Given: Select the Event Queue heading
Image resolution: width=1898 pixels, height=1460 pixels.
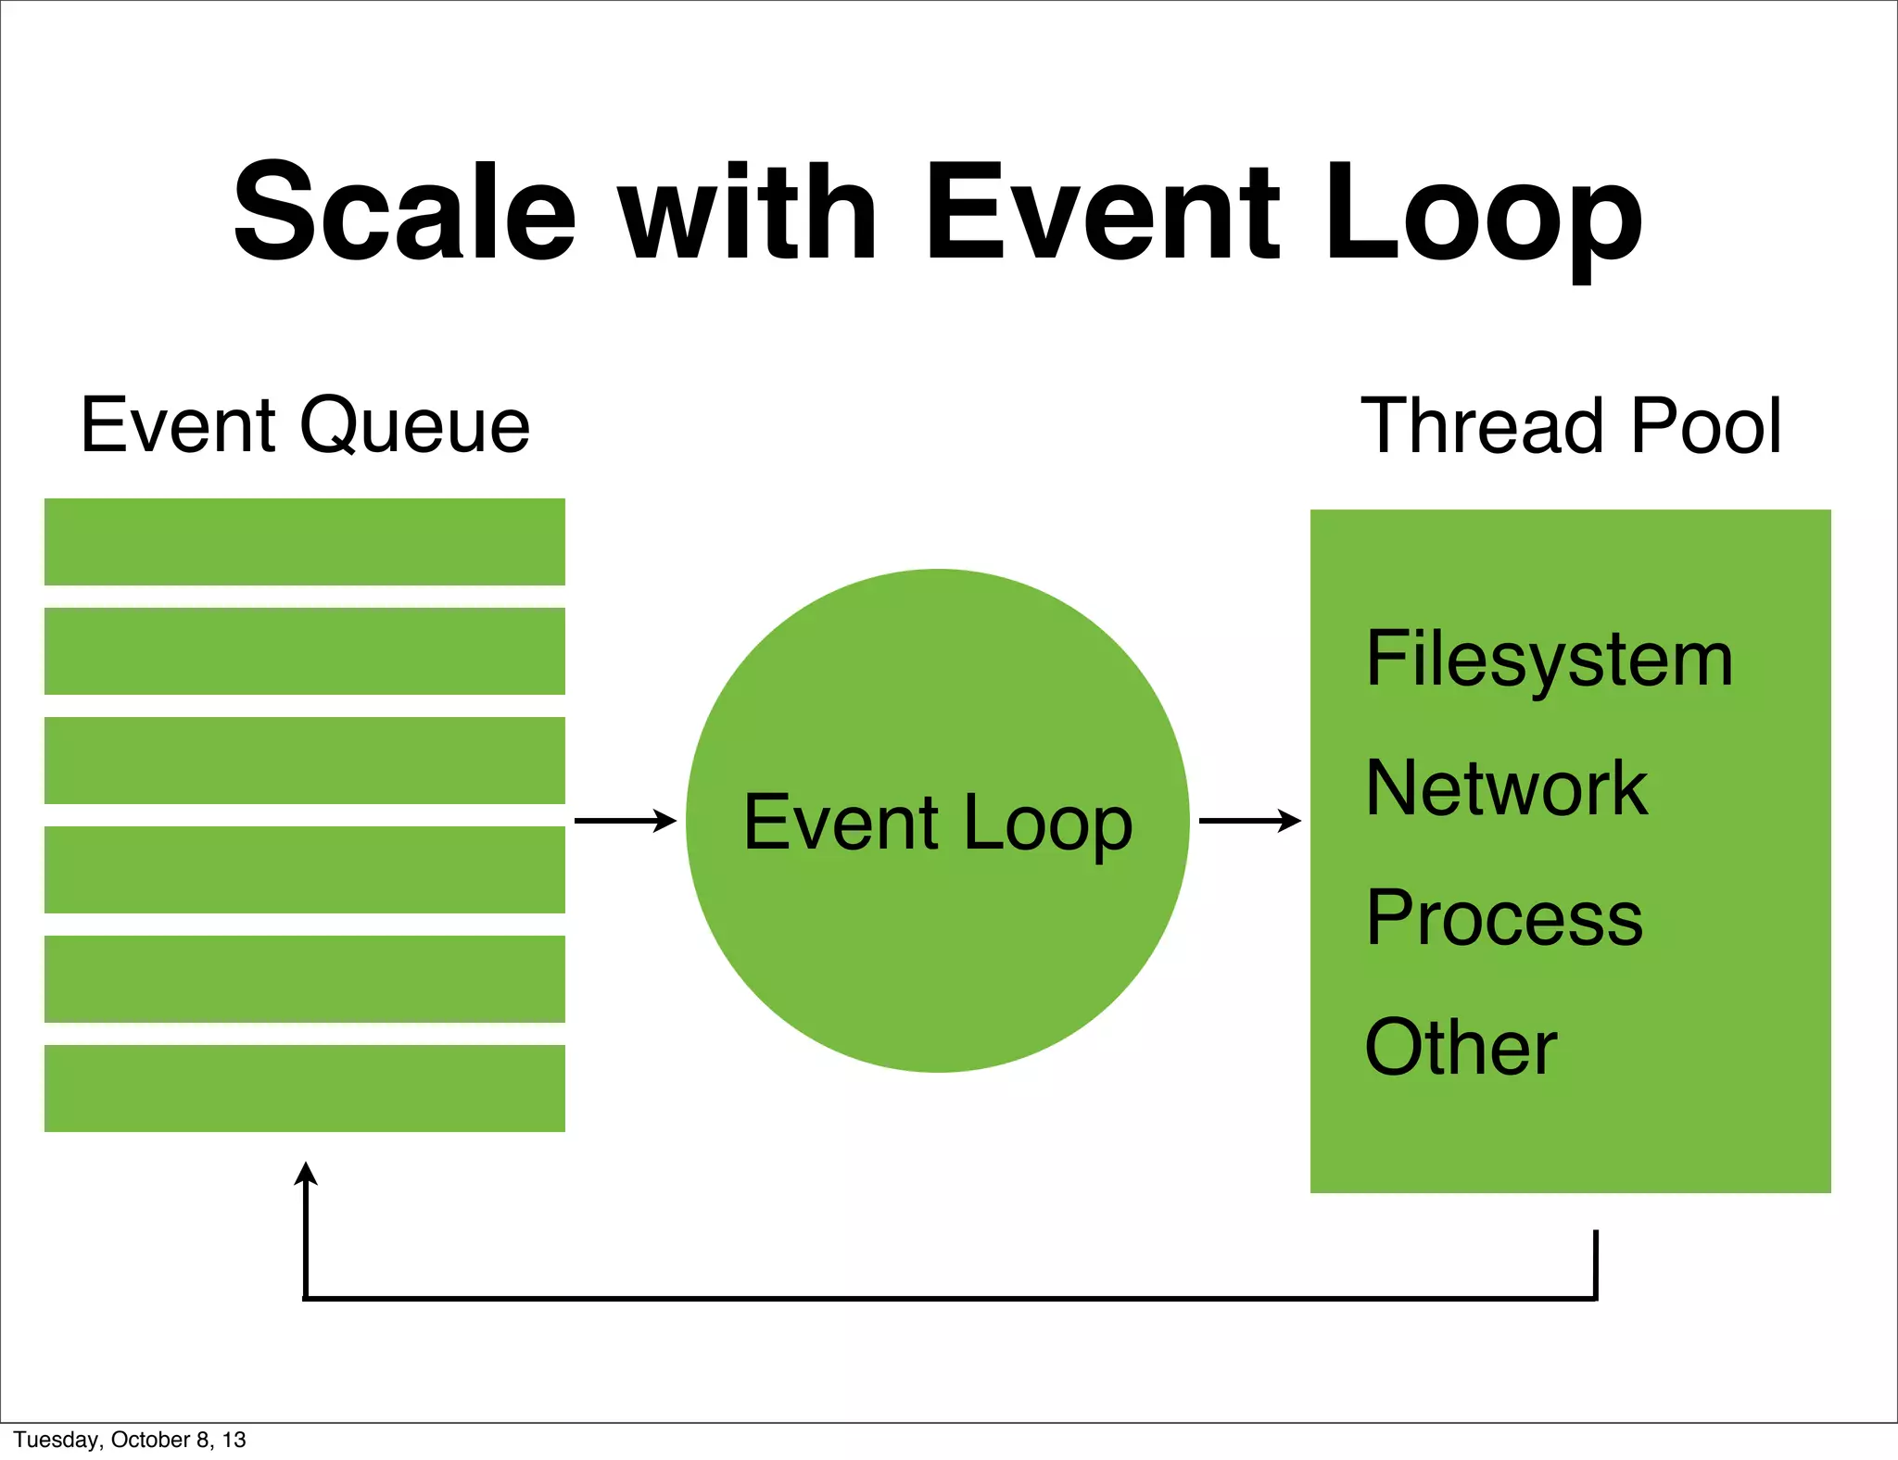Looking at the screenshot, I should coord(305,425).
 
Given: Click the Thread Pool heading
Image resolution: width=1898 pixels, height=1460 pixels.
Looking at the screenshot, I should coord(1570,425).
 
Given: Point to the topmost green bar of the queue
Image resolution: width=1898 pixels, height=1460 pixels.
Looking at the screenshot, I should coord(305,542).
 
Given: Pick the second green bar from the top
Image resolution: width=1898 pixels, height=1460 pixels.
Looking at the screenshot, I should coord(305,651).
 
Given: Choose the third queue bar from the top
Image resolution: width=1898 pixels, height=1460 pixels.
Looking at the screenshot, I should coord(305,761).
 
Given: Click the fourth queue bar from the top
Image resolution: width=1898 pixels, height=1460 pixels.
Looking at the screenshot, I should coord(305,870).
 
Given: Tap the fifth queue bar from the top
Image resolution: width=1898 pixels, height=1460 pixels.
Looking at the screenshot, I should coord(305,979).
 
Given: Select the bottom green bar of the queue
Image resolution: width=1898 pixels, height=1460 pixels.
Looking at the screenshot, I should coord(305,1089).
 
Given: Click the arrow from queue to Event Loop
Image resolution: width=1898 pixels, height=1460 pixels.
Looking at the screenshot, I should coord(626,821).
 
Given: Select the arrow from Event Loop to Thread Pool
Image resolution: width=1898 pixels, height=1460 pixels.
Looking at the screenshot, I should coord(1250,821).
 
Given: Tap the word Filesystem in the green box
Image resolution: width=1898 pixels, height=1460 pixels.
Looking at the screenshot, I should coord(1549,660).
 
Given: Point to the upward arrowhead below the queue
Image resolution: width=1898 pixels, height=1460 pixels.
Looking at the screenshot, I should coord(306,1174).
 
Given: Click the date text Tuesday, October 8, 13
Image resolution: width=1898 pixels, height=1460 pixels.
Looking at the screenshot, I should coord(130,1440).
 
